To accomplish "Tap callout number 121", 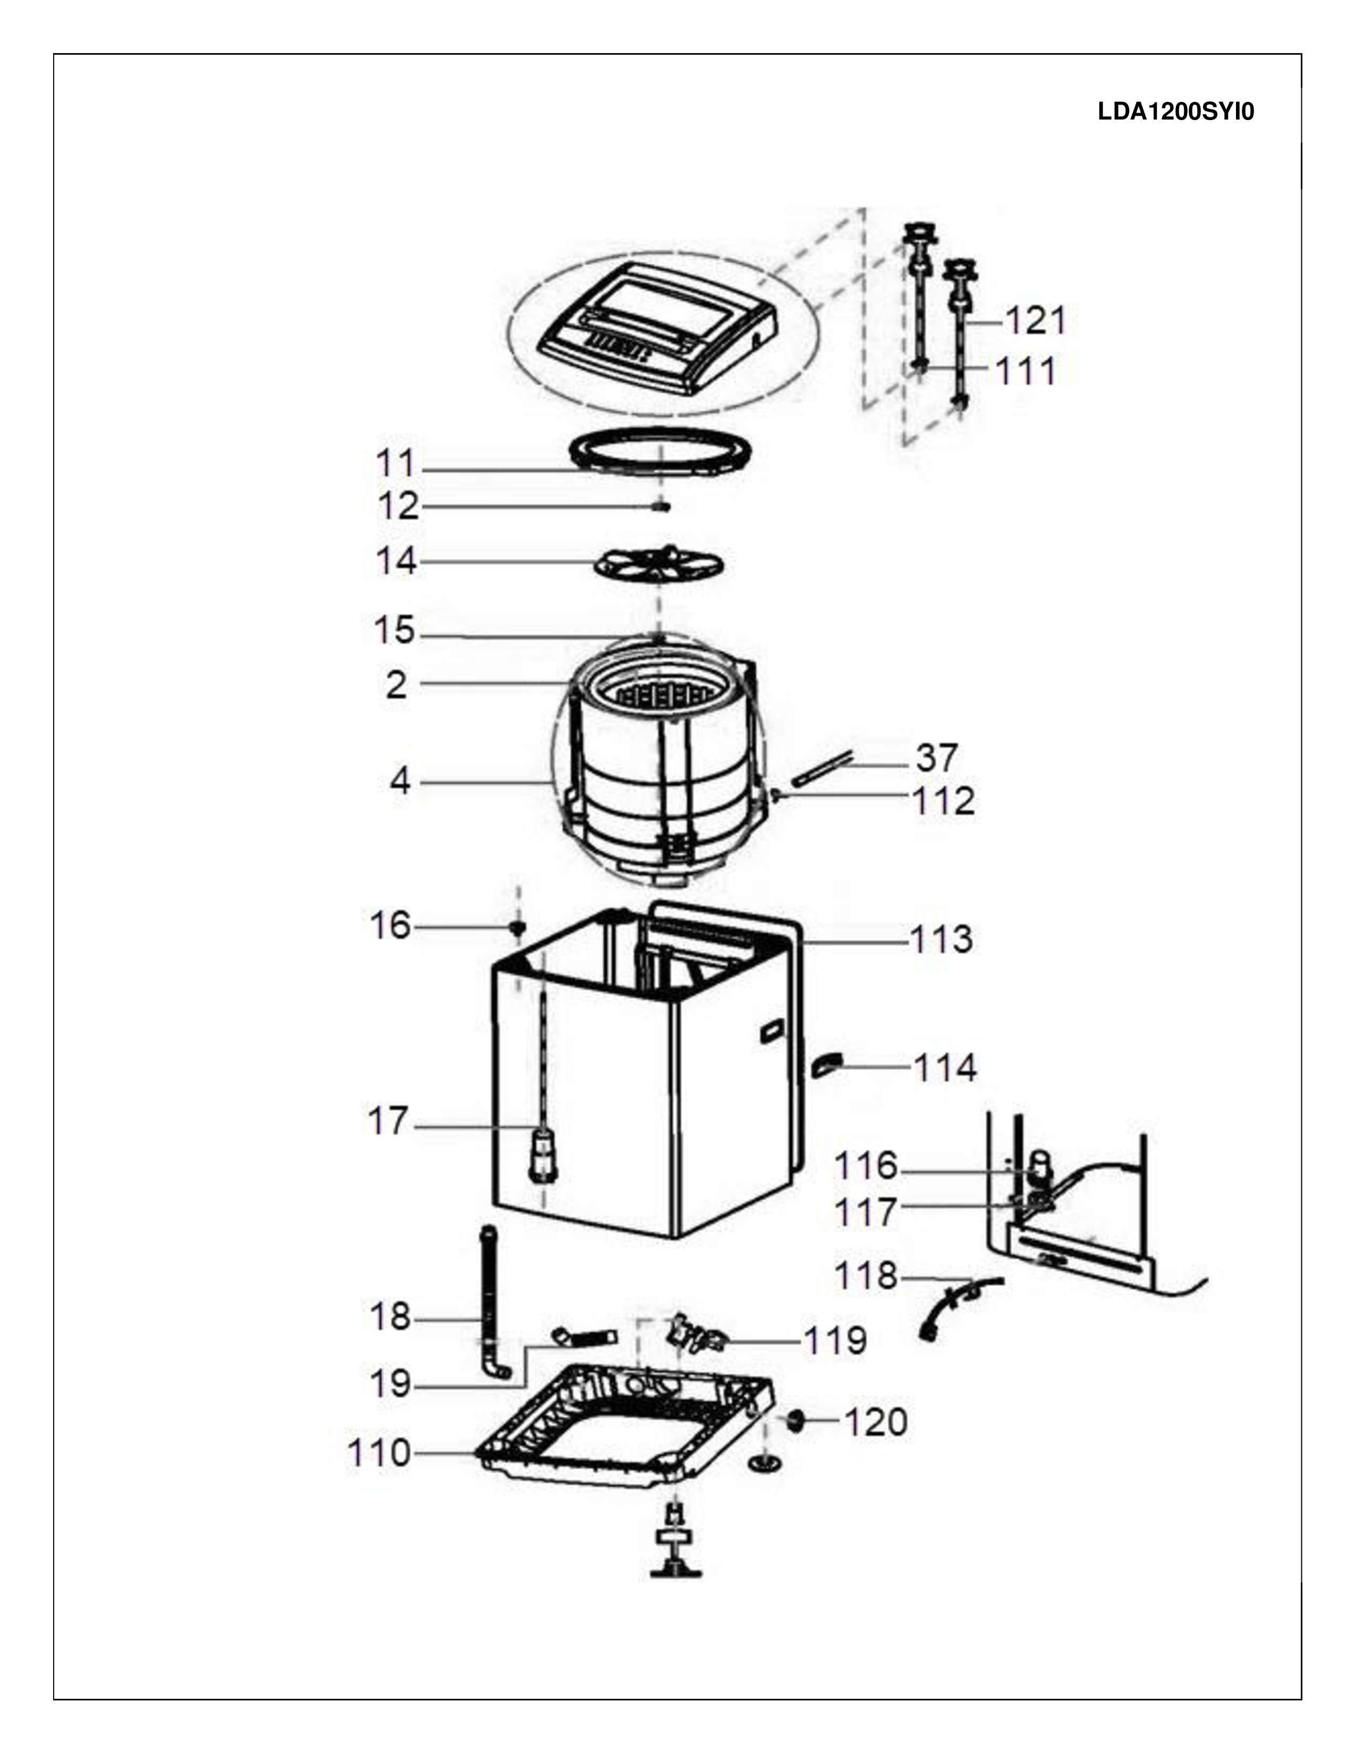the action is [1036, 322].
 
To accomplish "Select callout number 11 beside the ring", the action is [396, 464].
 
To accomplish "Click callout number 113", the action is [941, 940].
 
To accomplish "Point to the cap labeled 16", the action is [518, 929].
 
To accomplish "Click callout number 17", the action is [388, 1121].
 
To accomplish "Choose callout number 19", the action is [389, 1384].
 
